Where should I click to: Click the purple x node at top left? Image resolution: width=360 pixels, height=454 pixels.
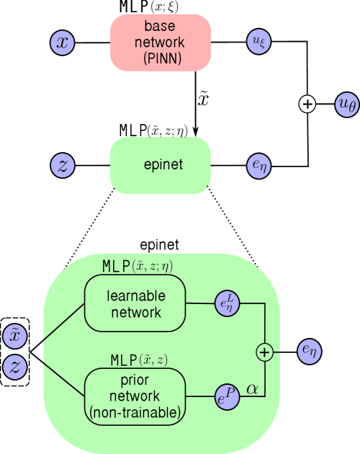(63, 43)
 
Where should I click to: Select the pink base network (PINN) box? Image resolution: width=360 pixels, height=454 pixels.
(160, 43)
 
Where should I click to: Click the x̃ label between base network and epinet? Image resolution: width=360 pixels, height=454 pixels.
(203, 99)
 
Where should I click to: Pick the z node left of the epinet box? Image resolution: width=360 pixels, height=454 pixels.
(63, 165)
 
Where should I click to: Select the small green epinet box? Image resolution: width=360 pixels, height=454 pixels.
(160, 165)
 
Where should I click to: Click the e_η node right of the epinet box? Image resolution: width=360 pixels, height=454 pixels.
(258, 165)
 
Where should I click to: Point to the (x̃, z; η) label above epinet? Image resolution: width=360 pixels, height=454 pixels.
(167, 130)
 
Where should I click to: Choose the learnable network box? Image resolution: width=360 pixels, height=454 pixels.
(135, 303)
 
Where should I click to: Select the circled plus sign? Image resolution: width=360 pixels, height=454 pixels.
(265, 352)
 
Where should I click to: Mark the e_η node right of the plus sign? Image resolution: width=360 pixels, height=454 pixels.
(309, 351)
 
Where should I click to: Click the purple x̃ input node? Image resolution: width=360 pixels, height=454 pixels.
(15, 337)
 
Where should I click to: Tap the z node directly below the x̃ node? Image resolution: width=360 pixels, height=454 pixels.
(15, 367)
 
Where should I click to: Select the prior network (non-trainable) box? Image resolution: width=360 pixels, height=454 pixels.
(135, 396)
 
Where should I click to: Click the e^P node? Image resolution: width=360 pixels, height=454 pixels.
(225, 395)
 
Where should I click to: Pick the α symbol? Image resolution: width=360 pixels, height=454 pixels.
(253, 388)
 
